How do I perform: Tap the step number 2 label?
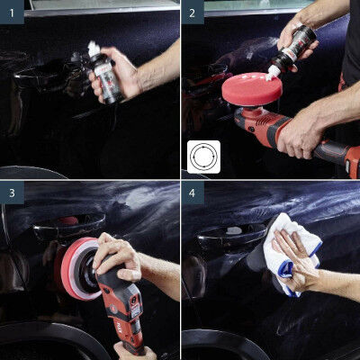tap(193, 13)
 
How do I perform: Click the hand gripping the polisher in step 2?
tap(301, 130)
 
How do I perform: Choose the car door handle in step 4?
tap(229, 236)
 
